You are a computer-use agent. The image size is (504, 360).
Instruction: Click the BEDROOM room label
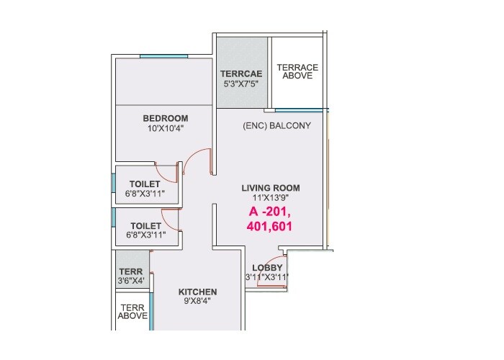click(x=165, y=118)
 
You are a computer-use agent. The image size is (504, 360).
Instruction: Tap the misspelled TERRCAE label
click(x=241, y=74)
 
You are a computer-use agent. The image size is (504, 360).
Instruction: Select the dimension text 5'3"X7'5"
click(x=241, y=84)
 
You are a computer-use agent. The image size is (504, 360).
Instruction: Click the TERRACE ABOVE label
click(x=297, y=71)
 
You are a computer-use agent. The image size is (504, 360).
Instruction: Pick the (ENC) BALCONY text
click(x=276, y=125)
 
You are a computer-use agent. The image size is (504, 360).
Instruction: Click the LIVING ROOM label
click(x=270, y=188)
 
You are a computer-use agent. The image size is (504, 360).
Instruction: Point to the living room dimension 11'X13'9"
click(x=270, y=198)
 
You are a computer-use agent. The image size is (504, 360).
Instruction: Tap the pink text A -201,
click(x=270, y=212)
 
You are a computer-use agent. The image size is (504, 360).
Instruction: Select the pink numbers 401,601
click(x=270, y=226)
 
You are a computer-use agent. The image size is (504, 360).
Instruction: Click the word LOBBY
click(x=267, y=268)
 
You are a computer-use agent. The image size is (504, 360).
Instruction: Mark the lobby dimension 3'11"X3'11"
click(x=267, y=277)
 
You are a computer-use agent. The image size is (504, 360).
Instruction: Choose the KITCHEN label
click(x=197, y=292)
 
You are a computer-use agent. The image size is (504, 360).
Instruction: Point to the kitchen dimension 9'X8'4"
click(x=197, y=302)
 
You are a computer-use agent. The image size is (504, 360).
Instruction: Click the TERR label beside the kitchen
click(x=130, y=271)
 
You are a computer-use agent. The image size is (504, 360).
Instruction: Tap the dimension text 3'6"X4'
click(x=131, y=280)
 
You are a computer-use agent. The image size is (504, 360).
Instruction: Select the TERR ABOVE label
click(x=132, y=311)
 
